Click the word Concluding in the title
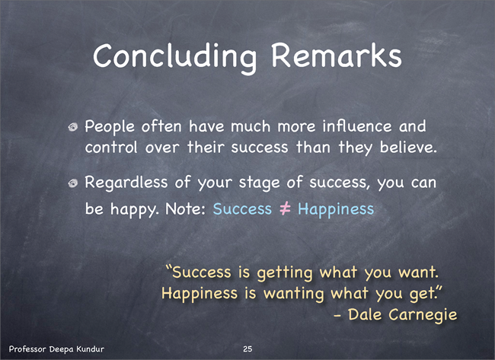(174, 57)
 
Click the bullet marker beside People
(73, 127)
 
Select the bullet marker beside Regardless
(73, 183)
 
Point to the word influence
(356, 126)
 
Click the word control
(111, 147)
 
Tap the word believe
(408, 147)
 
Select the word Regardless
(126, 183)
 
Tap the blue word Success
(242, 209)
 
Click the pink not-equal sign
(285, 209)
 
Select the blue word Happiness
(336, 210)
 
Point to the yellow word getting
(285, 273)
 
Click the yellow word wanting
(294, 294)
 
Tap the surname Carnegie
(423, 315)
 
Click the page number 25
(247, 349)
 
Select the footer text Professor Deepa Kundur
(56, 349)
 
